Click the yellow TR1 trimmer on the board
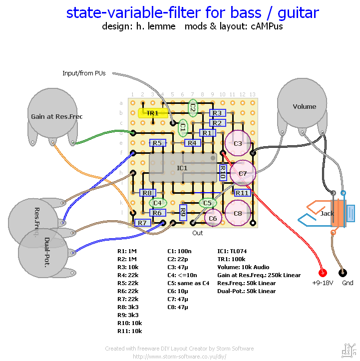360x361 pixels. pyautogui.click(x=152, y=113)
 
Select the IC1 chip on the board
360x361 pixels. pyautogui.click(x=183, y=168)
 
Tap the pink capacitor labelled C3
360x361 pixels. pyautogui.click(x=238, y=144)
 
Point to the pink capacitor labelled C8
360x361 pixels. pyautogui.click(x=238, y=213)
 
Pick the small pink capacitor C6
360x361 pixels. pyautogui.click(x=213, y=218)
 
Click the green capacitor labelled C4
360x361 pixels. pyautogui.click(x=158, y=203)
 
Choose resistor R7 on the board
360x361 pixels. pyautogui.click(x=143, y=223)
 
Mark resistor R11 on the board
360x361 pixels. pyautogui.click(x=242, y=193)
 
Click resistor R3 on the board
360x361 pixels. pyautogui.click(x=217, y=113)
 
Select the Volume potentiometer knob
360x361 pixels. pyautogui.click(x=304, y=106)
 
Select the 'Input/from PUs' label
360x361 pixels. pyautogui.click(x=84, y=73)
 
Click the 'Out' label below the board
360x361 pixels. pyautogui.click(x=198, y=233)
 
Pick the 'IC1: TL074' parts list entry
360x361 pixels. pyautogui.click(x=235, y=251)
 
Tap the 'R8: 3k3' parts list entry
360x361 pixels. pyautogui.click(x=128, y=307)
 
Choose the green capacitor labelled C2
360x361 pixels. pyautogui.click(x=193, y=107)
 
